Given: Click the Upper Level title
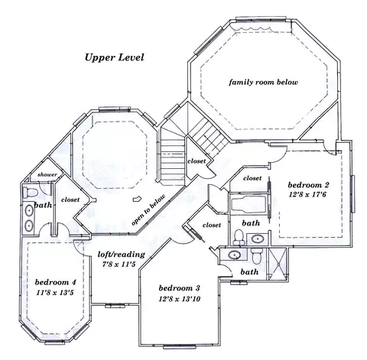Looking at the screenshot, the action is [x=114, y=57].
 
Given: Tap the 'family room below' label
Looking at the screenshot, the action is [x=263, y=83].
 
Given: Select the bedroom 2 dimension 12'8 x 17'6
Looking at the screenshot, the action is [x=308, y=195].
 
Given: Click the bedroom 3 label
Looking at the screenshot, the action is [x=179, y=288].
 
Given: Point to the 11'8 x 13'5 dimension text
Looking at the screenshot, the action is [x=55, y=293].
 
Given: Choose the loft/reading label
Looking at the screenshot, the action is [x=122, y=255].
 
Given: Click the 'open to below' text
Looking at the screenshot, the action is [x=148, y=210].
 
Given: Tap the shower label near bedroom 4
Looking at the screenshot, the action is [x=47, y=175].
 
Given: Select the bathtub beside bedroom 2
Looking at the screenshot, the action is [x=248, y=203].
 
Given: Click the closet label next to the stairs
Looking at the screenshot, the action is [x=196, y=161].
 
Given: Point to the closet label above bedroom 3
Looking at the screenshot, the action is [x=212, y=225].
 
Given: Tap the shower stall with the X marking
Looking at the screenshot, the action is [x=278, y=264].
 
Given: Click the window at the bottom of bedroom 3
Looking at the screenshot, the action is [x=179, y=346].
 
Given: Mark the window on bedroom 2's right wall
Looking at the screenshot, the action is [x=353, y=194].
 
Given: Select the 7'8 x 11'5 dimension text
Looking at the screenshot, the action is [x=119, y=264].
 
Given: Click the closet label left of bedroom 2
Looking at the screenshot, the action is [x=252, y=178].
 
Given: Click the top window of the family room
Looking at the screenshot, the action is [x=261, y=19].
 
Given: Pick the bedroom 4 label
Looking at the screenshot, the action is [x=55, y=282].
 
